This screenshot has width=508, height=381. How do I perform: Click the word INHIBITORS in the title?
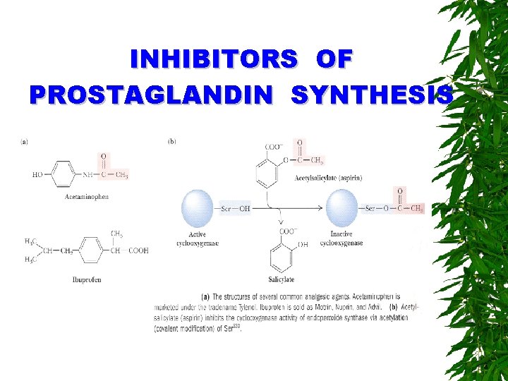[214, 59]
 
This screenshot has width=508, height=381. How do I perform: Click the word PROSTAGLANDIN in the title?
[149, 95]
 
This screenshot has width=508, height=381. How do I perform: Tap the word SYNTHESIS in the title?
[371, 95]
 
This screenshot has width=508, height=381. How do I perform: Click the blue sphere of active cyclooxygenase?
[198, 208]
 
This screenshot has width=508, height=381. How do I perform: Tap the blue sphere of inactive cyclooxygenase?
[342, 208]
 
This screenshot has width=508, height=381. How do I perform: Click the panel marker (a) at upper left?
[25, 141]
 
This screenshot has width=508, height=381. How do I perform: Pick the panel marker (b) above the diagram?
[172, 141]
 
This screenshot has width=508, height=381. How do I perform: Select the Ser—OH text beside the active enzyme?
[235, 209]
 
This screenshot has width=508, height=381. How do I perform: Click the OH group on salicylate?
[303, 244]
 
